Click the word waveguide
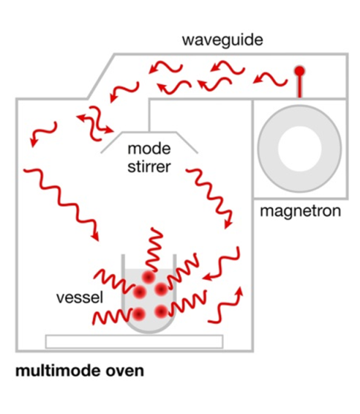click(222, 40)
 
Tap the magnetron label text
click(300, 211)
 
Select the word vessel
click(80, 297)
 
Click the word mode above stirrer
click(149, 148)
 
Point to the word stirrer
click(149, 167)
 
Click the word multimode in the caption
click(58, 370)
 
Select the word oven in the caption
click(125, 372)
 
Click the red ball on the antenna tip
click(299, 71)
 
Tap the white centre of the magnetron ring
click(299, 147)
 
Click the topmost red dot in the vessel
click(149, 277)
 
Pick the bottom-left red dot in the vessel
click(139, 314)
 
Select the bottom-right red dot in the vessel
click(161, 311)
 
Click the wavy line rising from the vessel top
click(154, 249)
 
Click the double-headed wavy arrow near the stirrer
click(95, 124)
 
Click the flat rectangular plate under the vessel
click(134, 342)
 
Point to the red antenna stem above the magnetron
click(299, 86)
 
